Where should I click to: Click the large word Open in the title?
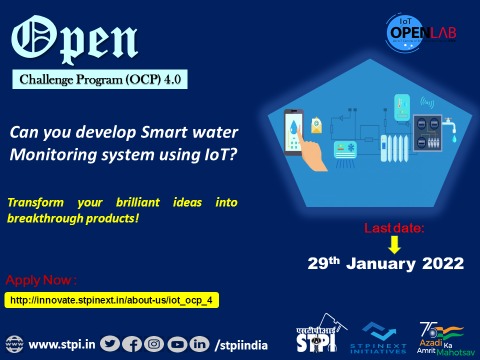coord(76,37)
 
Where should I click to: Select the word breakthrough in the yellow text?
coord(46,217)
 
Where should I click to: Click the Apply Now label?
coord(41,279)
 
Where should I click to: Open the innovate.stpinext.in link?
coord(112,300)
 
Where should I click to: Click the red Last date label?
coord(393,228)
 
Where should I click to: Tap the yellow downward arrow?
coord(394,244)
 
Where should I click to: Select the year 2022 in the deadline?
coord(443,264)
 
